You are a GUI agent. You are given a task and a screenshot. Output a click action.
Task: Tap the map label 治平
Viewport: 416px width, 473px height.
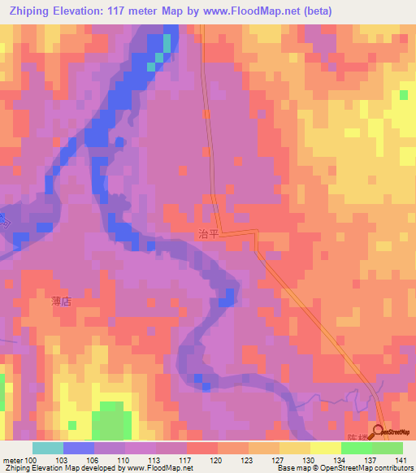point(209,233)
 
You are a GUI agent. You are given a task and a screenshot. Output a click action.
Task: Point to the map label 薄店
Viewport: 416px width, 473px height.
point(63,300)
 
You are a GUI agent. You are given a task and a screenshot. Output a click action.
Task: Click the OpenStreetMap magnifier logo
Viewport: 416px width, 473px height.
point(379,431)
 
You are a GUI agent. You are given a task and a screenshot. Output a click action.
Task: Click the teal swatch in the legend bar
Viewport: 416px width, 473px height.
point(47,448)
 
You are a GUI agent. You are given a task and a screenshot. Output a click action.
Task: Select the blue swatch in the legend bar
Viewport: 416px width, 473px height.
point(78,448)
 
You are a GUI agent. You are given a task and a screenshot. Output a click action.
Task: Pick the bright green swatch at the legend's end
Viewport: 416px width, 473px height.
point(387,448)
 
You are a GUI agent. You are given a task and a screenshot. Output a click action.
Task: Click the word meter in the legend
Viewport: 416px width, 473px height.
point(11,459)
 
